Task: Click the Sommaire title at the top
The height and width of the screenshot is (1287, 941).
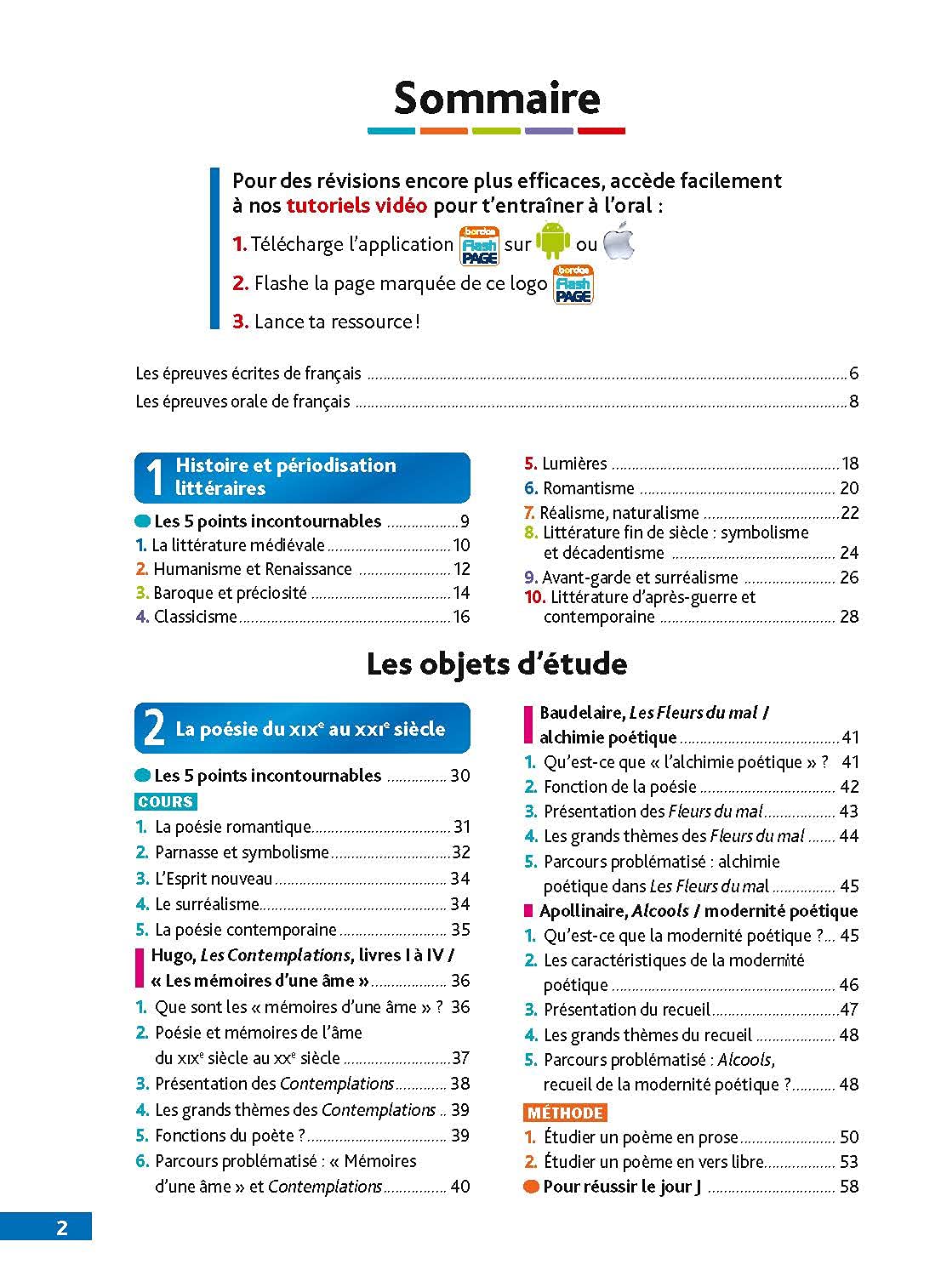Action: (497, 98)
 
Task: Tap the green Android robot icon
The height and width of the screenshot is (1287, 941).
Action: (553, 242)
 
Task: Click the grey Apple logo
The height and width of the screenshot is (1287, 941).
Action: (619, 242)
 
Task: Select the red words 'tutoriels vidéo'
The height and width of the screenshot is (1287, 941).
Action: (356, 206)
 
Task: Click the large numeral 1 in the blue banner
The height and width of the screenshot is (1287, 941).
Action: (154, 477)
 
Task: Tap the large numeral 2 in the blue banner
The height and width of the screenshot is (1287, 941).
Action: (154, 729)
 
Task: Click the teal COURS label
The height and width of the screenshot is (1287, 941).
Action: (166, 802)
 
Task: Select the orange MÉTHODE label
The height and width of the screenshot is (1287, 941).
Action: (565, 1113)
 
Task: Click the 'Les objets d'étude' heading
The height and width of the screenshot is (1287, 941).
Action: (497, 664)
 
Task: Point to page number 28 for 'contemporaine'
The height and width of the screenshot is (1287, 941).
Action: (848, 617)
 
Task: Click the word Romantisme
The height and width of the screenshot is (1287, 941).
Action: (589, 488)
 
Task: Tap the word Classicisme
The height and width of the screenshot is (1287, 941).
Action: (195, 617)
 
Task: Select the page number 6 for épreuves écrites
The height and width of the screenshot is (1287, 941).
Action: (853, 373)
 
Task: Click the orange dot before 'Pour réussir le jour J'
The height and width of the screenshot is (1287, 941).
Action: (531, 1187)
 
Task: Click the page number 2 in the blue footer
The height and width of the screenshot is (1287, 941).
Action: (61, 1227)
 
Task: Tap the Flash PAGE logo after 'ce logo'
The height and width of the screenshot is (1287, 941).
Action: (573, 284)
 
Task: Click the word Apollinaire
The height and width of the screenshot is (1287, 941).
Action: (584, 911)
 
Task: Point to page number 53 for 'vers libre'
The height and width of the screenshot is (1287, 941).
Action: (848, 1162)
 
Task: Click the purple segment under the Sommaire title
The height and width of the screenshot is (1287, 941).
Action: (549, 131)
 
